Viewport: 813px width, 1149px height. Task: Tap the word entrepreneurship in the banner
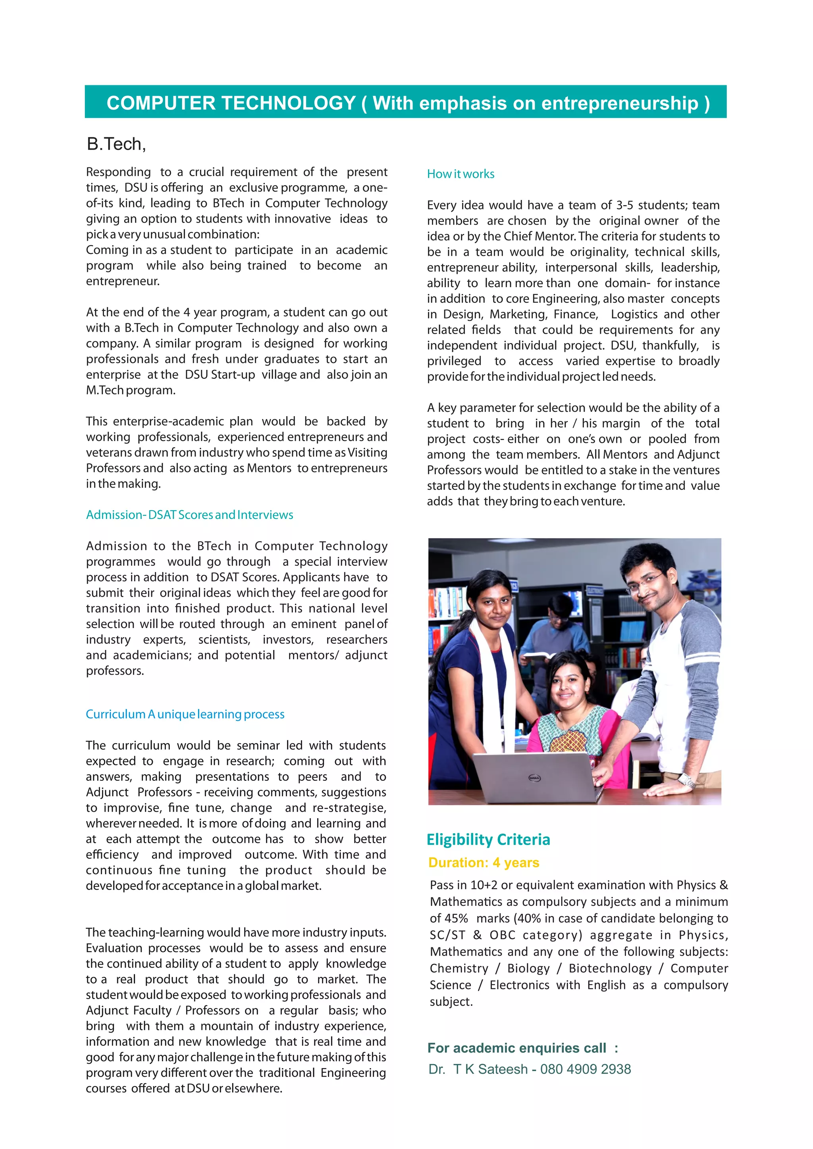pos(619,103)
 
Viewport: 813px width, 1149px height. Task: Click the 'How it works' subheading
pos(460,174)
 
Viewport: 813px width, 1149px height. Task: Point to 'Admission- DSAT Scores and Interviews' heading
pos(189,515)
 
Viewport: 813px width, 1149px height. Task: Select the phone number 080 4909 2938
pos(585,1069)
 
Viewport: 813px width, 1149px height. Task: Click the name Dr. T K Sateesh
pos(478,1069)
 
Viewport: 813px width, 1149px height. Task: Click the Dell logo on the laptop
pos(535,777)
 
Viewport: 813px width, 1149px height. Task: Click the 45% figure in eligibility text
pos(456,918)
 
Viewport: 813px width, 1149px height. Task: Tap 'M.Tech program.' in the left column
pos(131,390)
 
